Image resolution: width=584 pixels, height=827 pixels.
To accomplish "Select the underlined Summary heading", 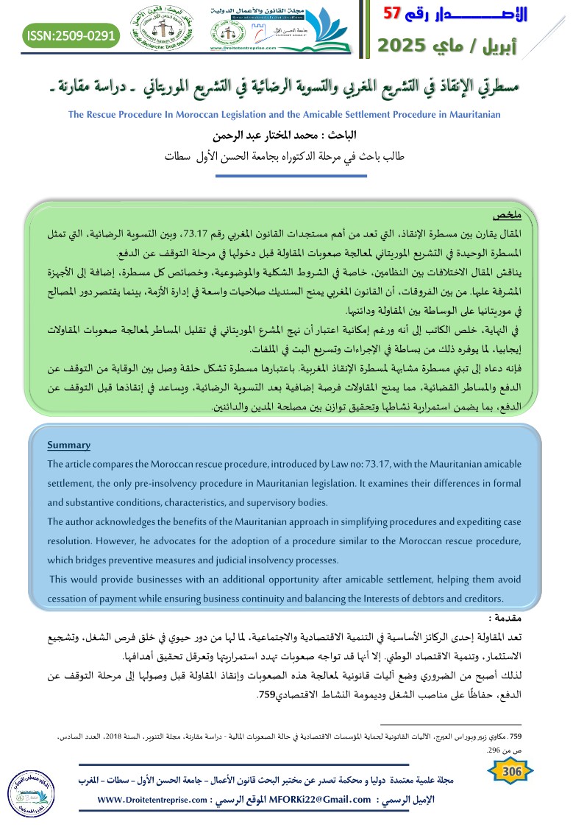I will point(68,445).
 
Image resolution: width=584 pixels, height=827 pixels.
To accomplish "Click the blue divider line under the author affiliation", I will point(293,176).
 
